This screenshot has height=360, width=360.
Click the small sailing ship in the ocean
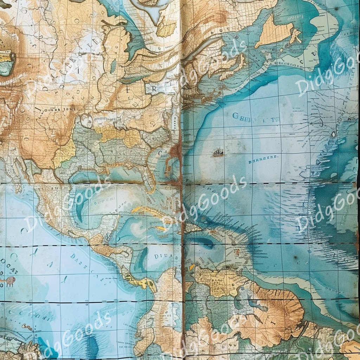(x=218, y=153)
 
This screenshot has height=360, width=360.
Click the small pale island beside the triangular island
(x=295, y=35)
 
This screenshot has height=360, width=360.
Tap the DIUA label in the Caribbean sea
(x=162, y=257)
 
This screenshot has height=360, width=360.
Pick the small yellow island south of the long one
(x=161, y=228)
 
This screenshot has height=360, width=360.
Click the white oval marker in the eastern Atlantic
(x=333, y=134)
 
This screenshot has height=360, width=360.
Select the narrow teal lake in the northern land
(x=113, y=66)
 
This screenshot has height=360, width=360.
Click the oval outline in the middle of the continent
(x=86, y=121)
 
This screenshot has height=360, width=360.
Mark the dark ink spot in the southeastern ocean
(x=295, y=258)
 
